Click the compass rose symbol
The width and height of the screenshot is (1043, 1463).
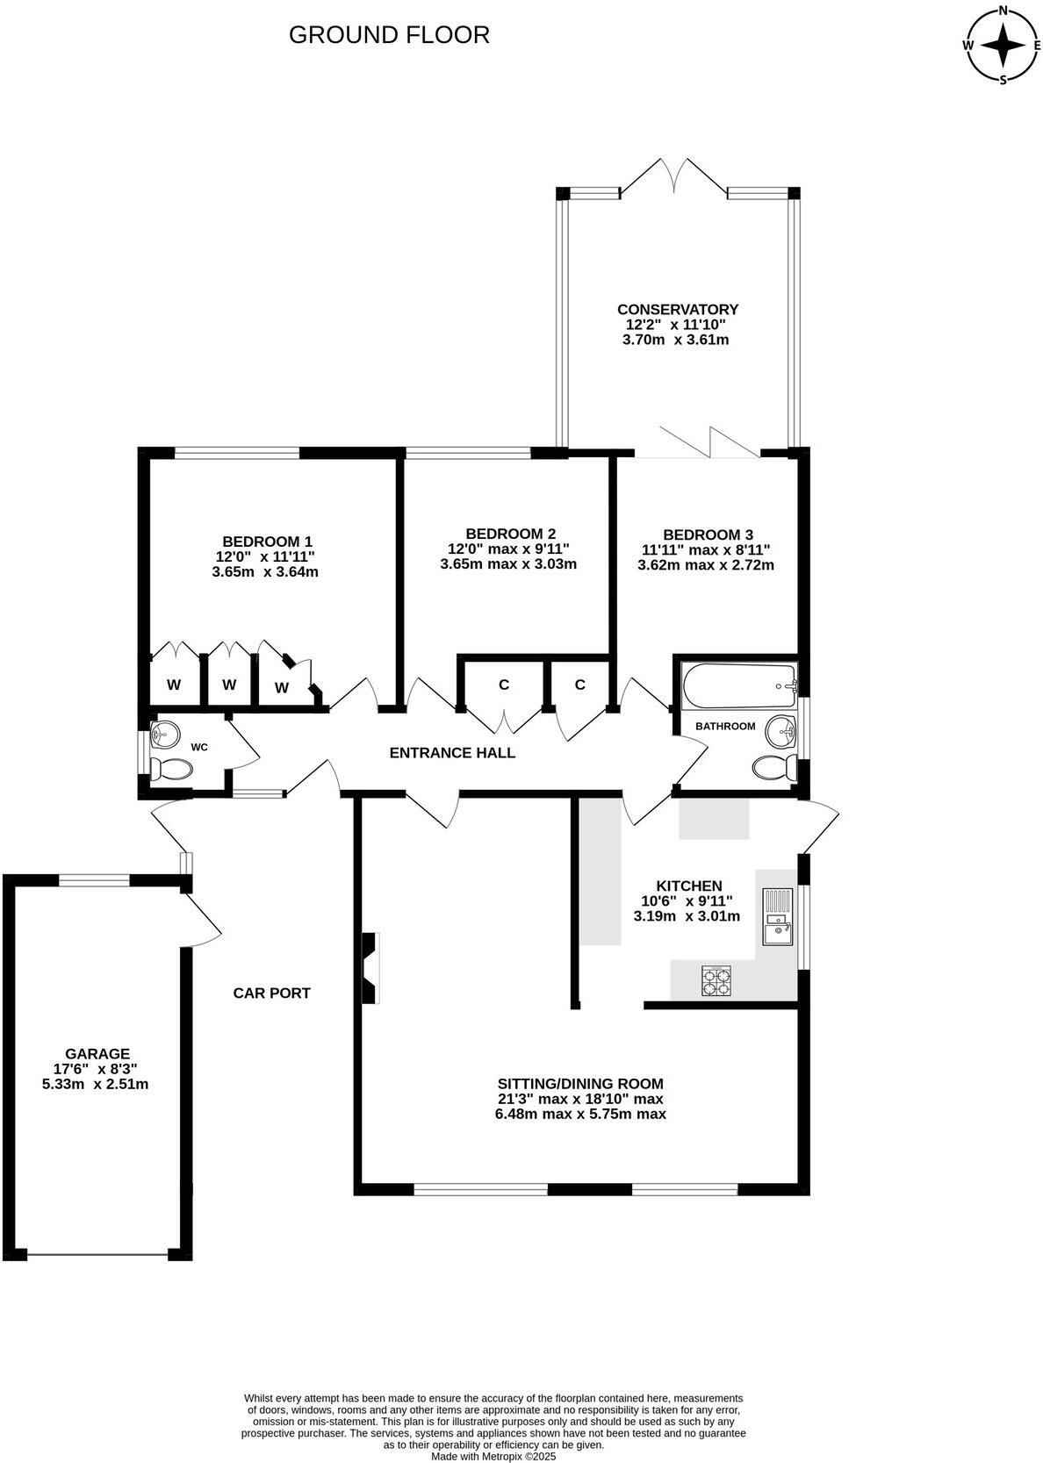click(x=1003, y=44)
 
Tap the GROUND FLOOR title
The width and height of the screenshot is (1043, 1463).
click(x=389, y=35)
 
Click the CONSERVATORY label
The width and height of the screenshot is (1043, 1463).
click(x=677, y=309)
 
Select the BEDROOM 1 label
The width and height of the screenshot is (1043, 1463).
click(x=267, y=541)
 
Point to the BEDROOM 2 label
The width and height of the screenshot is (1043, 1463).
click(x=510, y=534)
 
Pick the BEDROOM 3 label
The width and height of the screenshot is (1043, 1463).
click(x=708, y=534)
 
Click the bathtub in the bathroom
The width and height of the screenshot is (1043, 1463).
click(x=738, y=686)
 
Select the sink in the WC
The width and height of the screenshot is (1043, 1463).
click(x=164, y=732)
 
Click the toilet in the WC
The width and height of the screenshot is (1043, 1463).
click(x=170, y=771)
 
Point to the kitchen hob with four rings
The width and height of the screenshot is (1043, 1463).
click(x=716, y=980)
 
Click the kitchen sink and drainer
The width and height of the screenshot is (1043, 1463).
click(x=777, y=916)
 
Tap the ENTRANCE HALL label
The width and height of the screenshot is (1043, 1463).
click(x=452, y=753)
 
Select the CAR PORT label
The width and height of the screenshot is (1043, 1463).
click(x=271, y=993)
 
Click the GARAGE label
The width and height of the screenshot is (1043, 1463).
click(x=97, y=1054)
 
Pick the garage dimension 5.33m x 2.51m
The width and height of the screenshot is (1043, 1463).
click(x=95, y=1084)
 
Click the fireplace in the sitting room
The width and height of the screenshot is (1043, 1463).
click(x=370, y=966)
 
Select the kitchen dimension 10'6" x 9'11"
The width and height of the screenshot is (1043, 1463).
click(x=687, y=901)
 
